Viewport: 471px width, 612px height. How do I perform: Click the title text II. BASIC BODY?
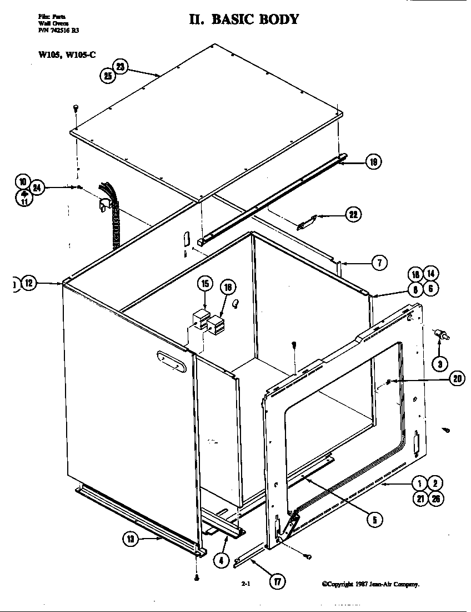tap(244, 19)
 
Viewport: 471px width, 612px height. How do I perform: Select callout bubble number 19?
tap(373, 162)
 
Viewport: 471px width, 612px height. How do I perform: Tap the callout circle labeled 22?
tap(352, 215)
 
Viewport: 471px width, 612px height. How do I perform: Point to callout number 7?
tap(379, 263)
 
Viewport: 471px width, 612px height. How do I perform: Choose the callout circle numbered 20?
tap(457, 378)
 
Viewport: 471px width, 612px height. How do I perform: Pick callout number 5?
tap(374, 520)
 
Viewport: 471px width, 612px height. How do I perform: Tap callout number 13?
tap(131, 539)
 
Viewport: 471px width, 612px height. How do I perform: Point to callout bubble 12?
tap(29, 284)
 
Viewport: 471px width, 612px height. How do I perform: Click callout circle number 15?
tap(204, 284)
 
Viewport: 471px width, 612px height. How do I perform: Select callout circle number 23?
tap(121, 66)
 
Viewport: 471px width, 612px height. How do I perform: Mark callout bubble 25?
tap(107, 76)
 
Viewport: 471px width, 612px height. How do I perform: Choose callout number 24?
tap(37, 189)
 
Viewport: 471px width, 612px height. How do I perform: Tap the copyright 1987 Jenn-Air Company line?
tap(370, 584)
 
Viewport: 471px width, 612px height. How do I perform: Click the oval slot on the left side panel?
tap(172, 361)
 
